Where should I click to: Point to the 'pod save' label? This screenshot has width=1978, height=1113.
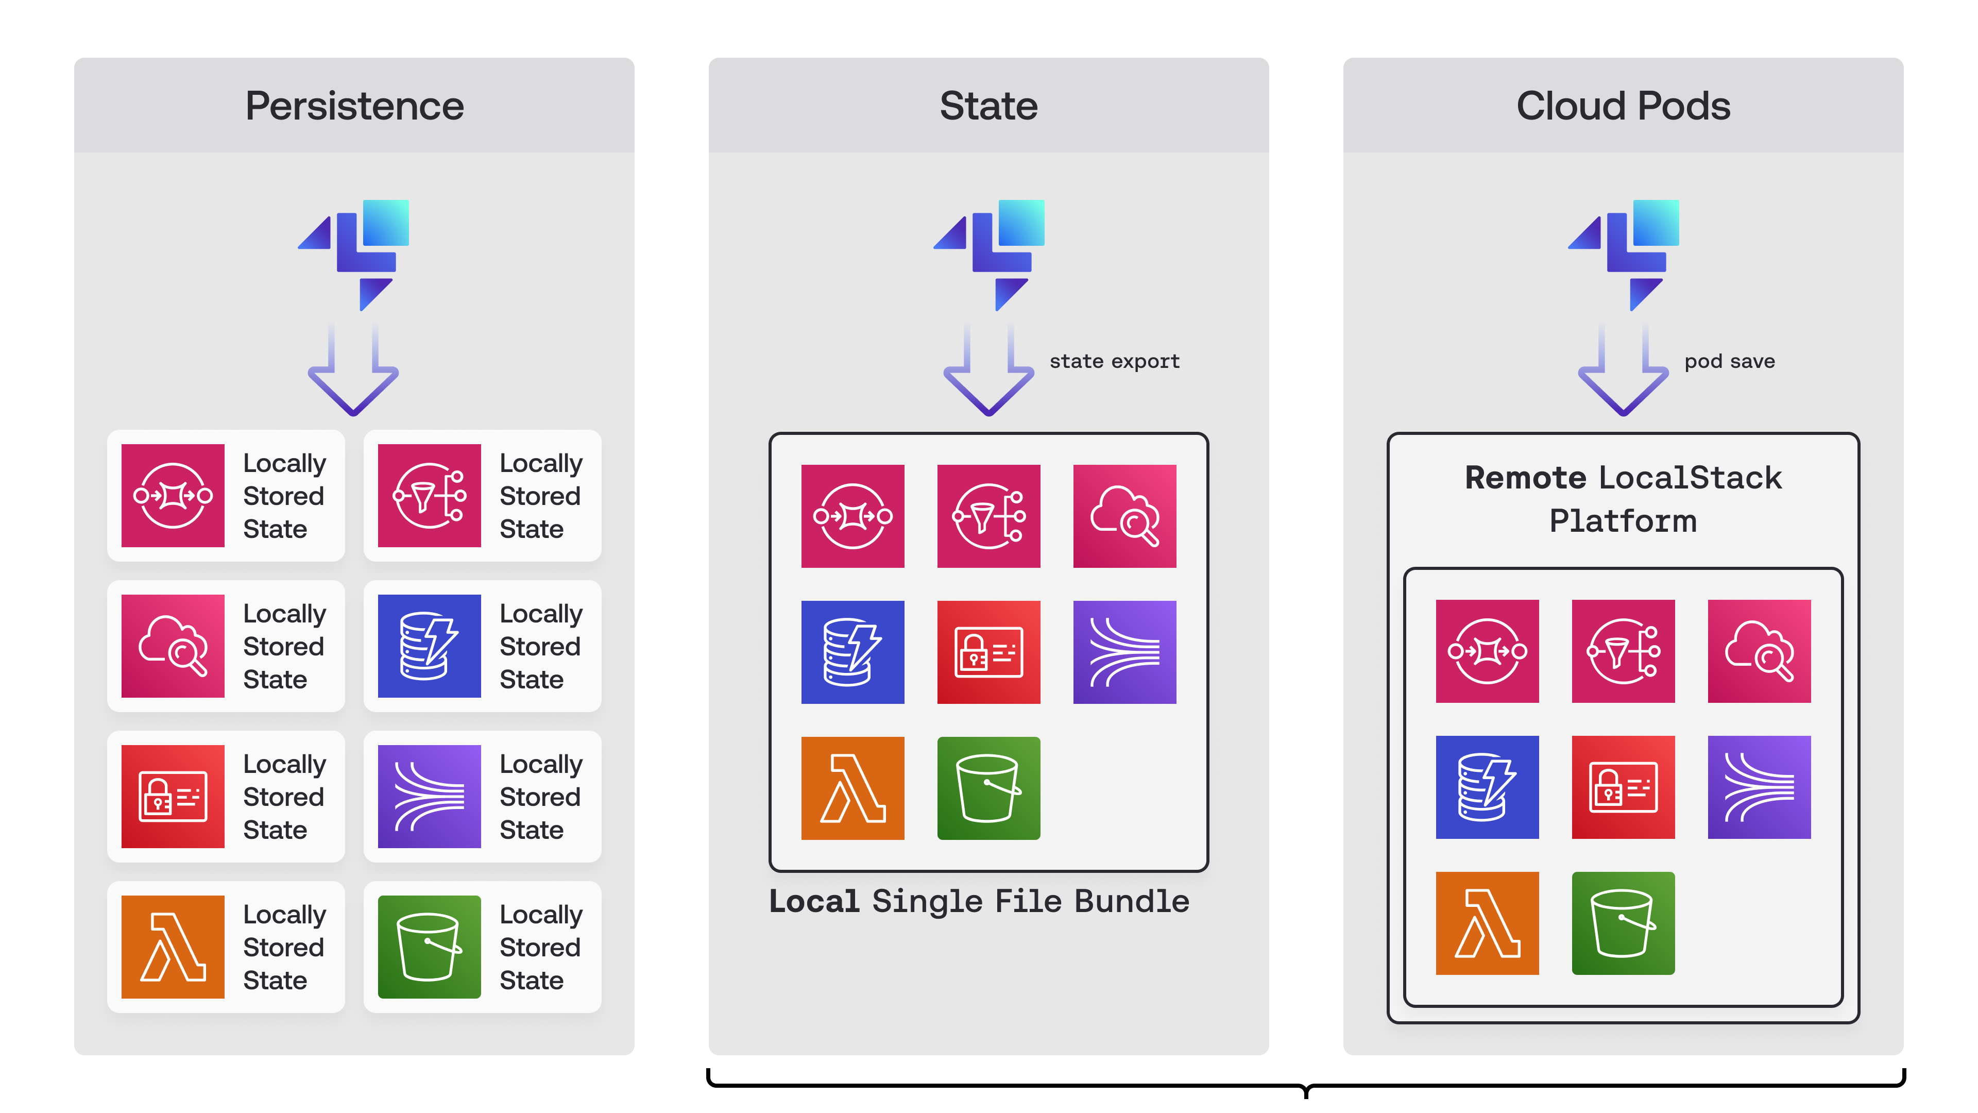(1729, 361)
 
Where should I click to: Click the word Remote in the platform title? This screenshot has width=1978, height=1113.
(1525, 478)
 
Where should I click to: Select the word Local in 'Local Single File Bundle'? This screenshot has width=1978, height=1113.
(813, 901)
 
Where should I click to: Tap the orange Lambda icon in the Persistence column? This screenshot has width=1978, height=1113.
(173, 947)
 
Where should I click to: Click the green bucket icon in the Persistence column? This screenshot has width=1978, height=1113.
(429, 947)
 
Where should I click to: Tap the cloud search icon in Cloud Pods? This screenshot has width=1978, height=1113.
(1759, 651)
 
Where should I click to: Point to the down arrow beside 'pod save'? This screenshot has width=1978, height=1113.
(1623, 373)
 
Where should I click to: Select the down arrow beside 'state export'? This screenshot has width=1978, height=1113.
(988, 373)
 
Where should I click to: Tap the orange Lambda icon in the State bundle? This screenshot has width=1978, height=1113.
(852, 787)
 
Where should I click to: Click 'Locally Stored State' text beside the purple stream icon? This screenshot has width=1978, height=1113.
(540, 797)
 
